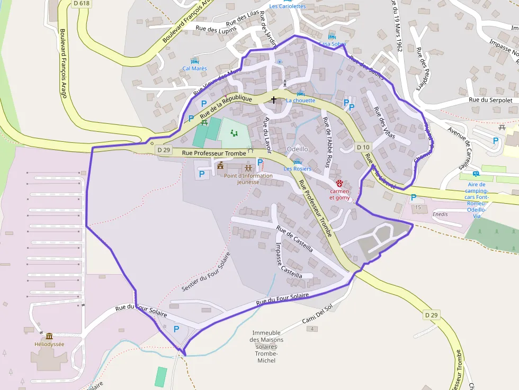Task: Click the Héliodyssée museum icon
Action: pyautogui.click(x=49, y=336)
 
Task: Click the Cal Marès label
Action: pyautogui.click(x=194, y=68)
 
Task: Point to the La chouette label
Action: pyautogui.click(x=300, y=100)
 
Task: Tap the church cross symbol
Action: pyautogui.click(x=274, y=99)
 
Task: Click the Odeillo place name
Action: pyautogui.click(x=297, y=149)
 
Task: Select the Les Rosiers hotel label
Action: pyautogui.click(x=297, y=169)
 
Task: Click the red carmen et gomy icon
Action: pyautogui.click(x=339, y=183)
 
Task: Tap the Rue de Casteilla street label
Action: pyautogui.click(x=294, y=240)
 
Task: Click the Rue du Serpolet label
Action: pyautogui.click(x=490, y=99)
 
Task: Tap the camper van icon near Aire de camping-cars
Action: pyautogui.click(x=476, y=174)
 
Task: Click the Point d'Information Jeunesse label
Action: pyautogui.click(x=248, y=179)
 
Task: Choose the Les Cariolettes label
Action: pyautogui.click(x=287, y=6)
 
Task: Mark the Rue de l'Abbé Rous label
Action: pyautogui.click(x=330, y=142)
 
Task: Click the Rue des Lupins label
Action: pyautogui.click(x=214, y=30)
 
